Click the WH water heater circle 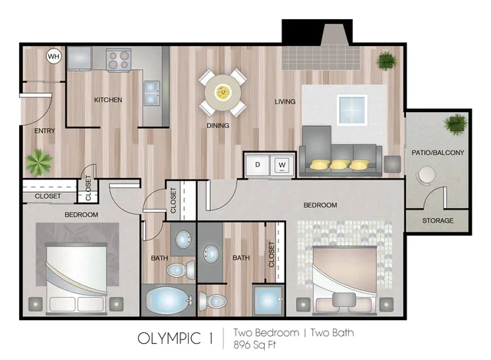[54, 57]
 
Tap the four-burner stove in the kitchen [118, 59]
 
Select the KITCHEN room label [108, 100]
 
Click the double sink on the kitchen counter [152, 93]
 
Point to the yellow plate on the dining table [223, 92]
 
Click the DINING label [218, 126]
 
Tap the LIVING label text [285, 101]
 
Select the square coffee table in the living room [352, 110]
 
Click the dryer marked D [258, 165]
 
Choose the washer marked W [282, 165]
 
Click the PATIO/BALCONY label [437, 153]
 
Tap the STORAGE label [437, 220]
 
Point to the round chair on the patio [427, 176]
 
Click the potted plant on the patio [455, 124]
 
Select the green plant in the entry [38, 162]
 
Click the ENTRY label [44, 130]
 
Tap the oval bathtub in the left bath [166, 300]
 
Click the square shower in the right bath [268, 300]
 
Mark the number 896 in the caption [242, 345]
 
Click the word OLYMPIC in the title [169, 339]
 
